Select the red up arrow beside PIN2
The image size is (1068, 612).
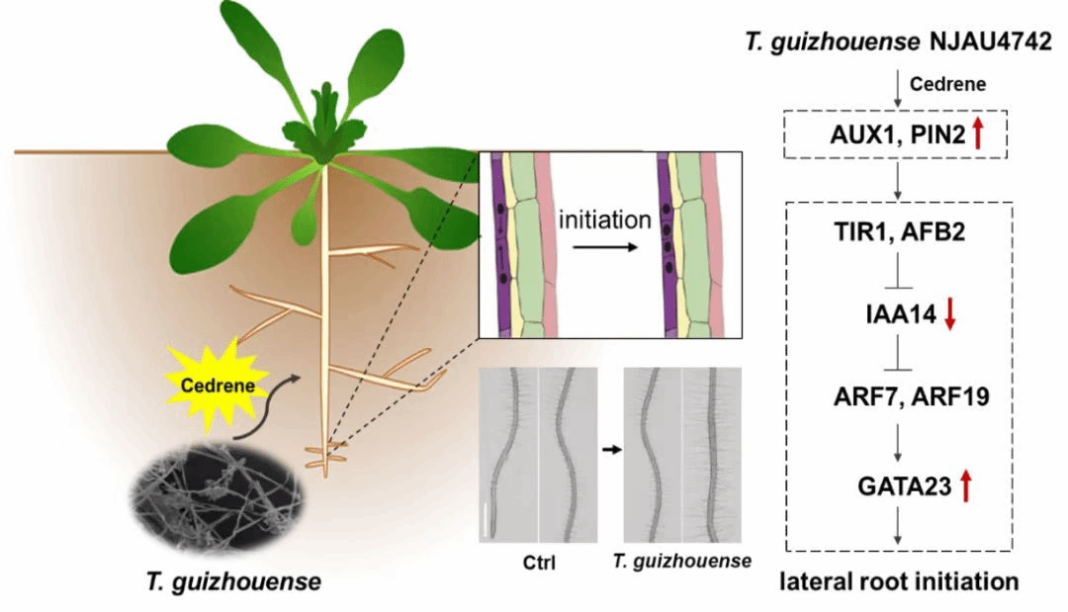[x=978, y=133]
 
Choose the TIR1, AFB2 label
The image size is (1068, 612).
[x=898, y=230]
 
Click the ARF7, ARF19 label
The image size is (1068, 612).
[x=898, y=398]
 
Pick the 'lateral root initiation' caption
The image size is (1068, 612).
[x=899, y=581]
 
